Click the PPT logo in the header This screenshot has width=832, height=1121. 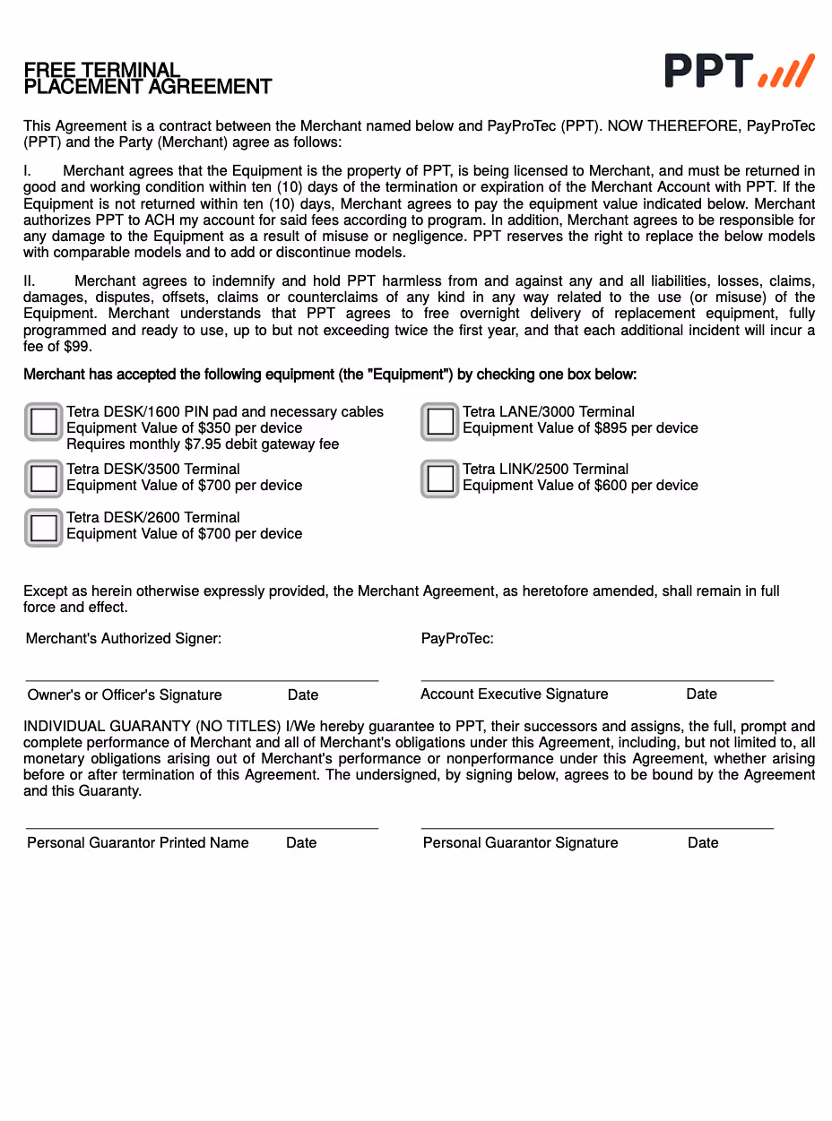(739, 71)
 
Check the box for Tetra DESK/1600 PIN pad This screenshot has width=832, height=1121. (43, 421)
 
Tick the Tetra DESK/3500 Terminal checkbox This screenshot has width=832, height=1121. (43, 479)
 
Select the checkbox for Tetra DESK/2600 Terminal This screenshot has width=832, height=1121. (43, 527)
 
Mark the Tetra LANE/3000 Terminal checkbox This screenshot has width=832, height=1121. (439, 421)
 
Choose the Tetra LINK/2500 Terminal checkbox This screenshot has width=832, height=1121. (439, 479)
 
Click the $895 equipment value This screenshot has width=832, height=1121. (610, 428)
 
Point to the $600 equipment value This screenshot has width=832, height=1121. (610, 486)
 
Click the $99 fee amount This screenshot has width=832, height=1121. (78, 347)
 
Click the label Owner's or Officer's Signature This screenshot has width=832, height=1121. (125, 695)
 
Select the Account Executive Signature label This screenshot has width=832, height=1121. (515, 694)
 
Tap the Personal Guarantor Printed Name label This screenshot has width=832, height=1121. (138, 843)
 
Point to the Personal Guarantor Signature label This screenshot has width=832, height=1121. (521, 843)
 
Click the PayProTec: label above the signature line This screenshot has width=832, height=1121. (457, 639)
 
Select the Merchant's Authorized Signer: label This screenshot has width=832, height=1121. (124, 639)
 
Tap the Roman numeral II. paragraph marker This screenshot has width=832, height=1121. (30, 281)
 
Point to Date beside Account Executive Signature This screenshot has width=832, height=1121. (702, 694)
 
